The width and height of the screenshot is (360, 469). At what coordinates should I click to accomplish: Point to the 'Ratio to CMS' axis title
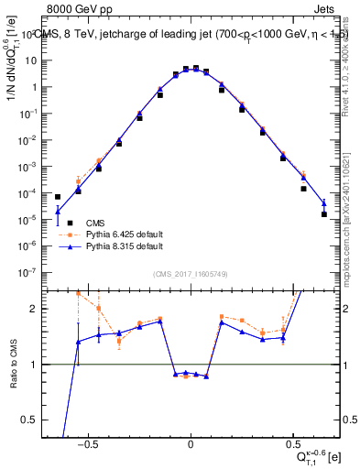(12, 364)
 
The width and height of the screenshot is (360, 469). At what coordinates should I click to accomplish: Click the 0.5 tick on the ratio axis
(33, 420)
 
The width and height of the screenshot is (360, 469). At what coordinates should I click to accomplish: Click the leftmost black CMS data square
(58, 197)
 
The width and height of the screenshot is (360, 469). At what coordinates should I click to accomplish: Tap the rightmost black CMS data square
(324, 214)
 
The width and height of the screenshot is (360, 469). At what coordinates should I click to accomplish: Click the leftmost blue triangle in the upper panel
(58, 211)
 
